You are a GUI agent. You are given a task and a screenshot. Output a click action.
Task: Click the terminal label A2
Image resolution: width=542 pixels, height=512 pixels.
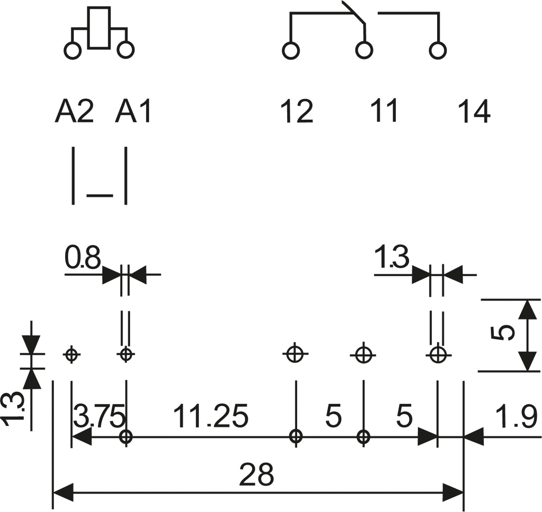[x=74, y=111]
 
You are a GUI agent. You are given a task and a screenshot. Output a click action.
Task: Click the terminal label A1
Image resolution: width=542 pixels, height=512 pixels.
[x=133, y=111]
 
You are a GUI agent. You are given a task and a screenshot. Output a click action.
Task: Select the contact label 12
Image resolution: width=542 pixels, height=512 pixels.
[x=296, y=111]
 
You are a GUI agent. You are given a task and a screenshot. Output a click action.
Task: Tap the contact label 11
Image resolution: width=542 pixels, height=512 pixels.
[x=384, y=110]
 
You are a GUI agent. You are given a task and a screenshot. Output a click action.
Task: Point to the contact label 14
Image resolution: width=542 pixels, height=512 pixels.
[x=474, y=111]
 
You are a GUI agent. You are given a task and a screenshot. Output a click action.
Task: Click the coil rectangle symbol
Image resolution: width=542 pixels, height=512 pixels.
[x=99, y=28]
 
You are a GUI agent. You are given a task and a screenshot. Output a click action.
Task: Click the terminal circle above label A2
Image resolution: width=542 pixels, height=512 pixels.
[x=73, y=50]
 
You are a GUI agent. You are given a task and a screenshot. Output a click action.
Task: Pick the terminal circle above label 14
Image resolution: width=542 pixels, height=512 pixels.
[x=438, y=50]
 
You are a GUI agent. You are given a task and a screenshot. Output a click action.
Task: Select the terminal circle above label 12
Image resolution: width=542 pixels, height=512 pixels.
[x=291, y=50]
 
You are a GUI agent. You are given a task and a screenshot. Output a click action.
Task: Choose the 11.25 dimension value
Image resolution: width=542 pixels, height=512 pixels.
[x=210, y=416]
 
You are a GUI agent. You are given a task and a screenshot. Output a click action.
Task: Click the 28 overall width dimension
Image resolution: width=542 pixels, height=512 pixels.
[x=256, y=475]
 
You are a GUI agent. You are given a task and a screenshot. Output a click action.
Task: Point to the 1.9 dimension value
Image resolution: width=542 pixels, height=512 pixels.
[x=516, y=417]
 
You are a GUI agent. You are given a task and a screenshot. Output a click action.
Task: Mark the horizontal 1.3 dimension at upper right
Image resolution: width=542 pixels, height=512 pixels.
[x=392, y=257]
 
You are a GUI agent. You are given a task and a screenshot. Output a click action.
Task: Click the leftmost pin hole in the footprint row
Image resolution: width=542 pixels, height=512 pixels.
[x=72, y=355]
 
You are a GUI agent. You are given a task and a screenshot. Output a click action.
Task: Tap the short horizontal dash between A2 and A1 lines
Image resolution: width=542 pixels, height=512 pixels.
[x=100, y=195]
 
